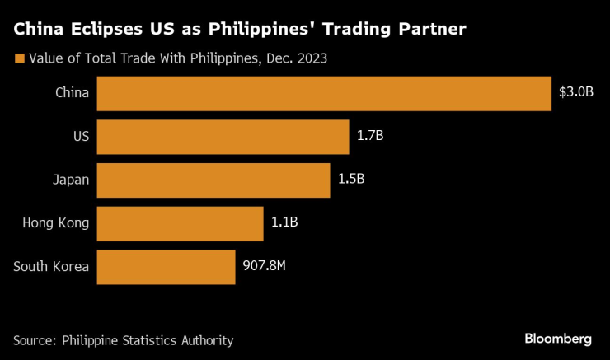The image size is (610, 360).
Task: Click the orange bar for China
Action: [x=323, y=93]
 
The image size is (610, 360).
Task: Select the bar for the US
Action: [x=223, y=137]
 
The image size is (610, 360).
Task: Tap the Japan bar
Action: [x=213, y=180]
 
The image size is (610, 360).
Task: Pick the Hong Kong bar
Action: [x=180, y=223]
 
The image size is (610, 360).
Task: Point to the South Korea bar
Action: [x=166, y=267]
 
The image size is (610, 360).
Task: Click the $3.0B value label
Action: [x=576, y=92]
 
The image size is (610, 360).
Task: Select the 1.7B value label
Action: [x=370, y=136]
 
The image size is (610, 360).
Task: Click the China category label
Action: [x=72, y=92]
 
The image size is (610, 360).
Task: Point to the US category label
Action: [x=80, y=136]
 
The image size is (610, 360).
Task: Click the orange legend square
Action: [x=19, y=58]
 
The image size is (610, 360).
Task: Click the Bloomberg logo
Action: [x=558, y=339]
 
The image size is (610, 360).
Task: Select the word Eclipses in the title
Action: [x=102, y=30]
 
